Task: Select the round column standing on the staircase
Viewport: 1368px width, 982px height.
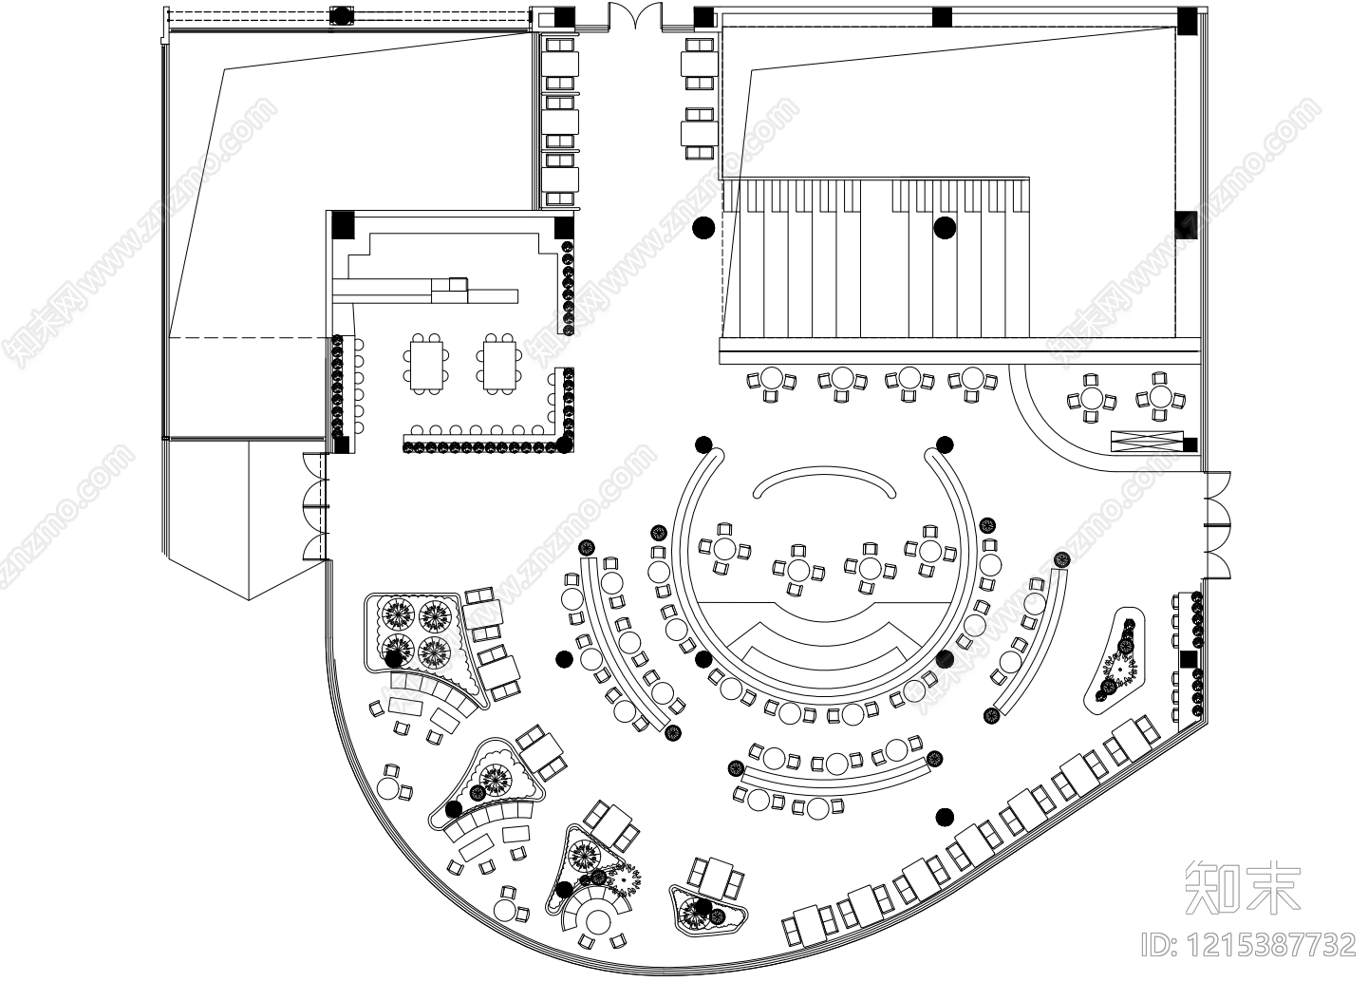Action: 944,227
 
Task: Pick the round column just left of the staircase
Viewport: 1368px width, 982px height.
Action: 703,227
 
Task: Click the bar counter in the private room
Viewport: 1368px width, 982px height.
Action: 425,289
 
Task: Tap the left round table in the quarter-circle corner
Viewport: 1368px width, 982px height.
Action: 1091,399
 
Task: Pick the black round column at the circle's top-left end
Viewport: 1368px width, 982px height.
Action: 703,444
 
